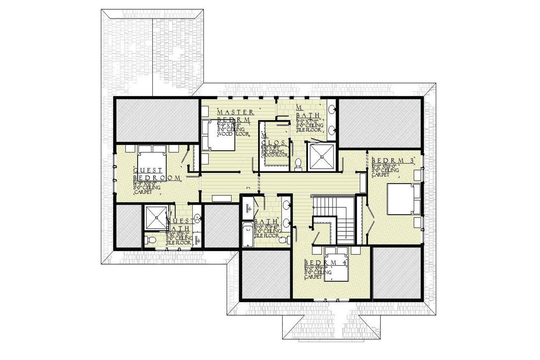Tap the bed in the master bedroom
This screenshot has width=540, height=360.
(218, 135)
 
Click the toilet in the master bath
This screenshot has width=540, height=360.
(298, 163)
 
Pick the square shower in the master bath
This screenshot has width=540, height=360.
(322, 157)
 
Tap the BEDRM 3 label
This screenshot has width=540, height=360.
(391, 160)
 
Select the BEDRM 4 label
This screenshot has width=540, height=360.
(325, 263)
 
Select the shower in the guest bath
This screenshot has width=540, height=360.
(156, 218)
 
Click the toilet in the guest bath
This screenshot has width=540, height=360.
(150, 240)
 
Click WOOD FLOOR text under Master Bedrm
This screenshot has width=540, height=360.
(232, 134)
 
